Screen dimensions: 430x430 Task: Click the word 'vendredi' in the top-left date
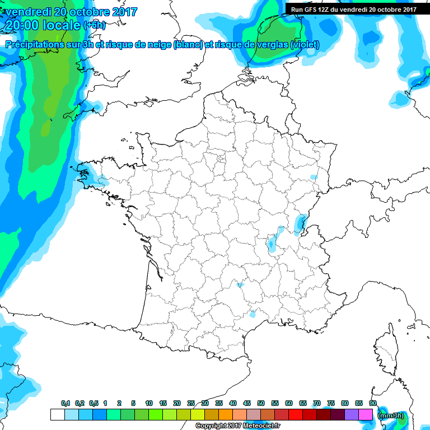[26, 12]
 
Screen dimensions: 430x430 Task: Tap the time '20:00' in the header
[22, 26]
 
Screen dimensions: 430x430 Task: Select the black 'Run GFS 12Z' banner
[352, 9]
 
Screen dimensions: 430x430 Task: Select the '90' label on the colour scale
[373, 404]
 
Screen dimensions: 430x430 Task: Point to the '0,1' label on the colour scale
[66, 404]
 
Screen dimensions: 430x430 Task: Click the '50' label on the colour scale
[261, 404]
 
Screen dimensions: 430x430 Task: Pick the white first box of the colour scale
[58, 415]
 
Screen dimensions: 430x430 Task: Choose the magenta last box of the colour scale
[366, 415]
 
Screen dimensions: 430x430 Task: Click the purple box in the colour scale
[352, 415]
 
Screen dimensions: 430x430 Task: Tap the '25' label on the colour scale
[191, 404]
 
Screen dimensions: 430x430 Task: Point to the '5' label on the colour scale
[133, 404]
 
